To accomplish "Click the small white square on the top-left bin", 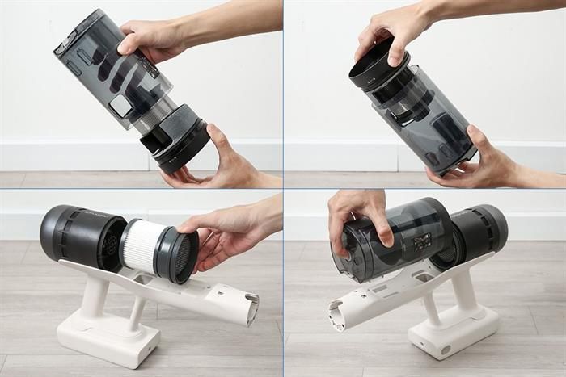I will [x=120, y=105].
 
